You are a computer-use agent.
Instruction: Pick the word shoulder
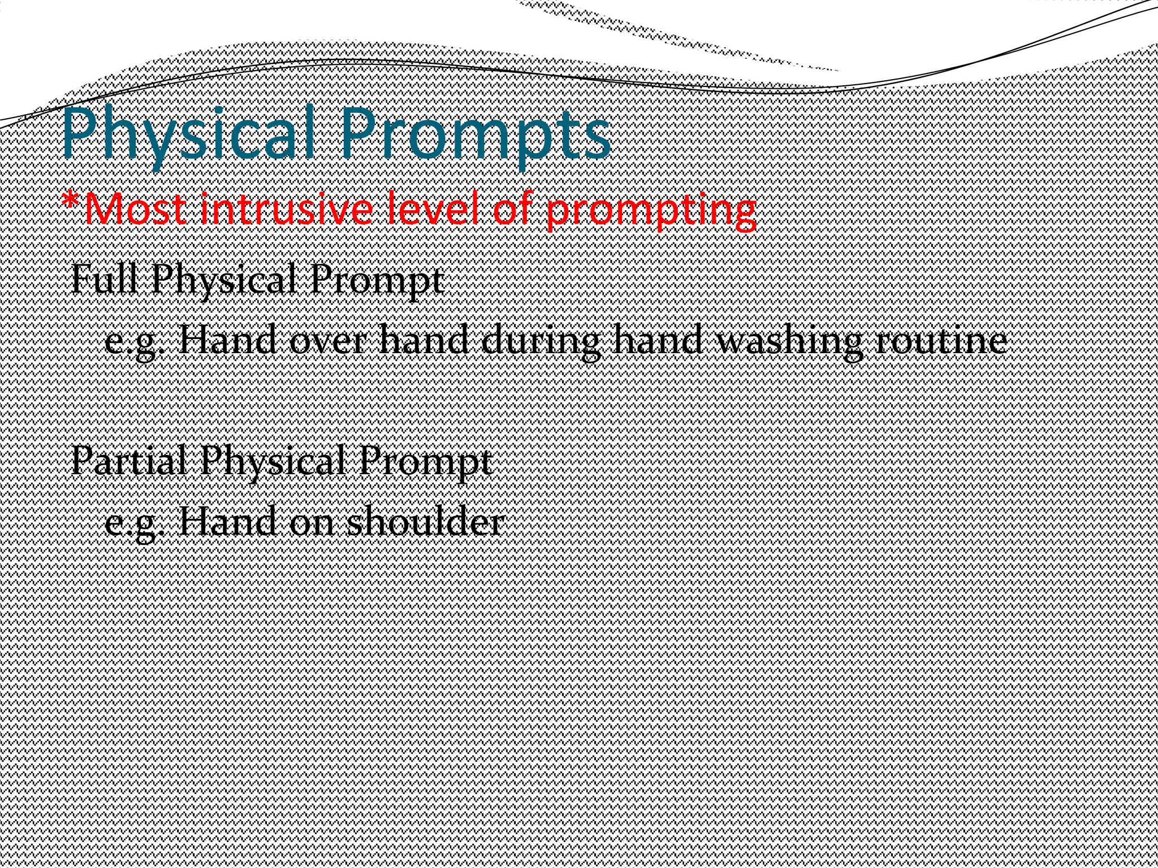pos(424,522)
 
